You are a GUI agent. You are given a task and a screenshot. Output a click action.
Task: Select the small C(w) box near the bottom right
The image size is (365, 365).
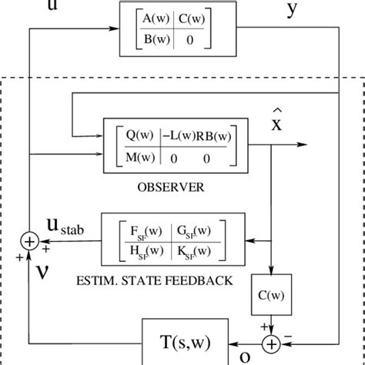click(275, 293)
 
